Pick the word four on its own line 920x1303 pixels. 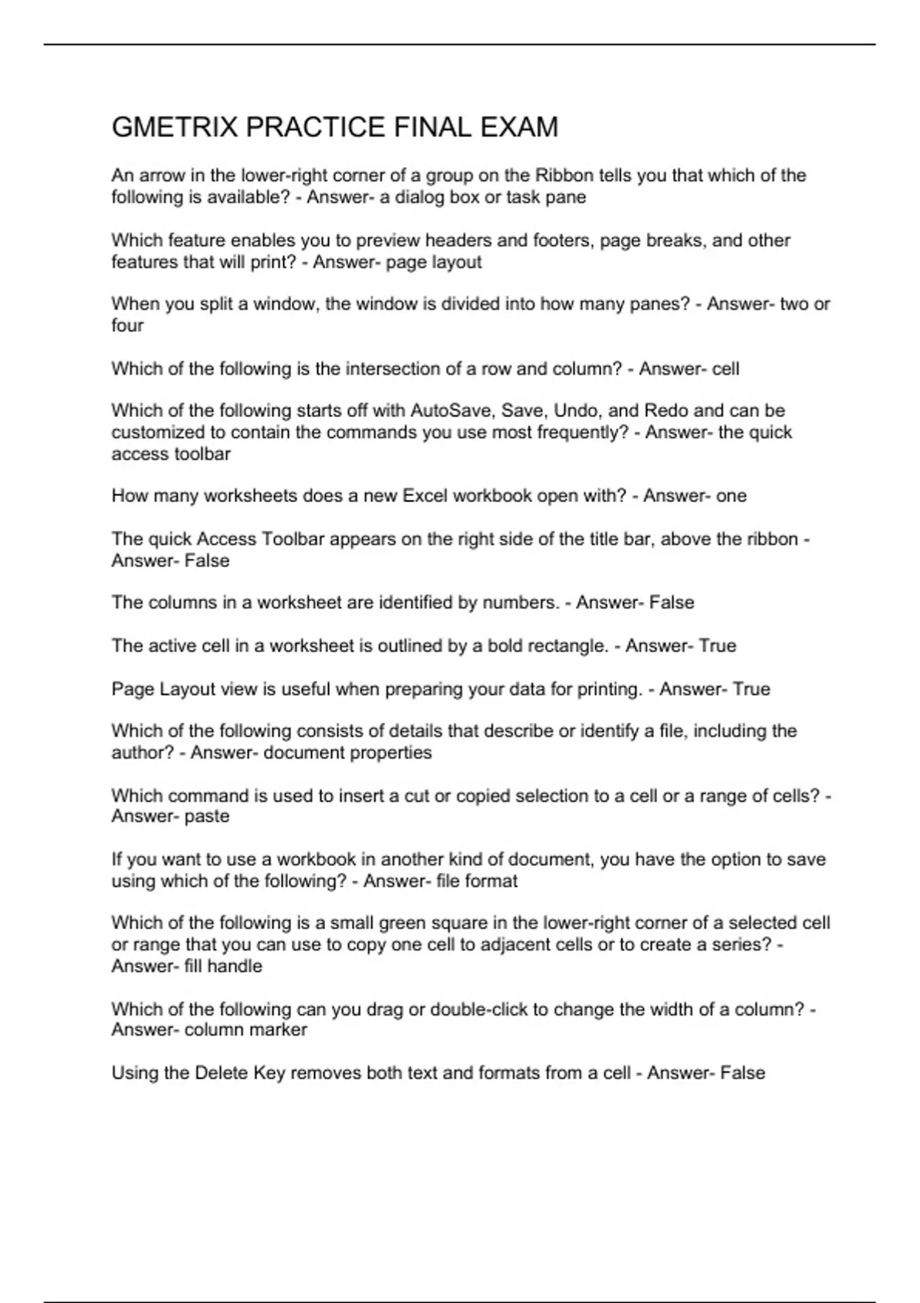[x=127, y=326]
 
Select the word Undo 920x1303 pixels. [x=575, y=410]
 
